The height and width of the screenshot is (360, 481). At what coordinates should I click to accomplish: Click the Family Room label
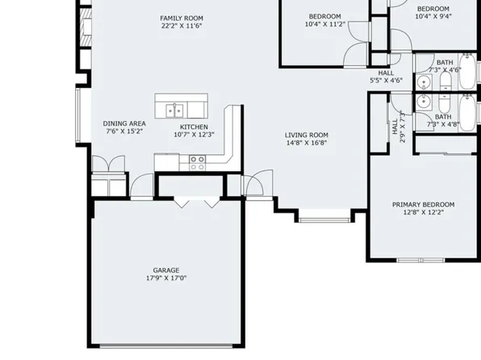181,18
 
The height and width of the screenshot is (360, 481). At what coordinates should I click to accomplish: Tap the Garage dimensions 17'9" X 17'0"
166,278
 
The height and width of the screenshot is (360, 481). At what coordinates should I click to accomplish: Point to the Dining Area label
124,123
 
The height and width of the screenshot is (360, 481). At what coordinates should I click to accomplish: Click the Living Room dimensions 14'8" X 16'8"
307,144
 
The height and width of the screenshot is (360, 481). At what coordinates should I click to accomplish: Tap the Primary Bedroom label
423,205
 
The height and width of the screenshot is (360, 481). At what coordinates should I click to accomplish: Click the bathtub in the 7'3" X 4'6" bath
469,73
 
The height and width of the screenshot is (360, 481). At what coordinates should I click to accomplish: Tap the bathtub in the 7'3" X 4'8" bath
469,113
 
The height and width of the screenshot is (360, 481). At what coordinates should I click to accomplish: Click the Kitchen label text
194,127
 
